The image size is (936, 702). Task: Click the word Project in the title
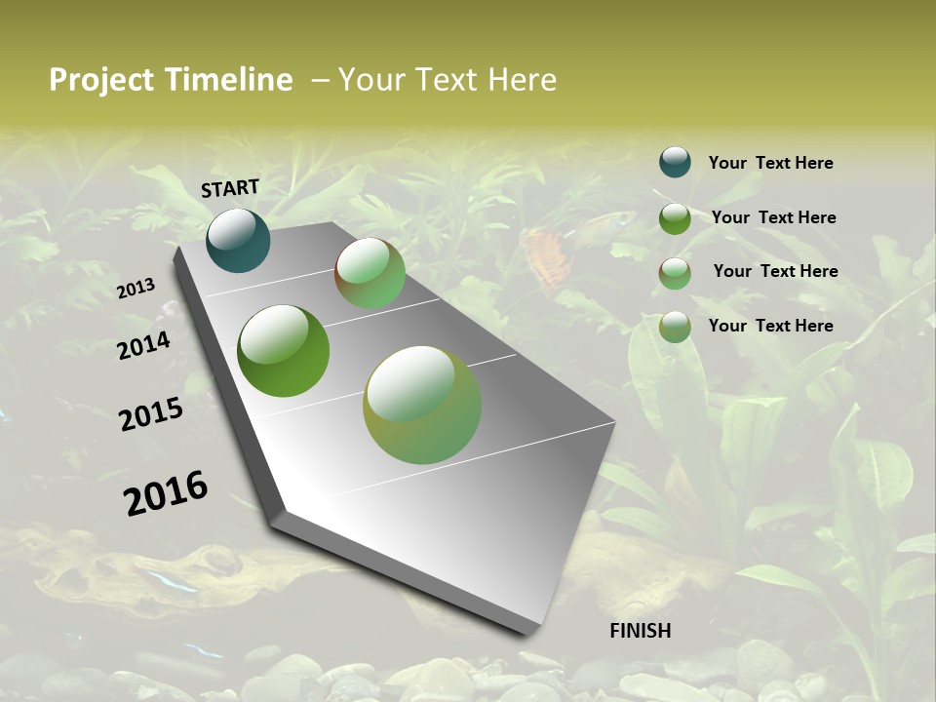tap(100, 80)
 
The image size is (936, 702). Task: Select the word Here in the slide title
tap(523, 80)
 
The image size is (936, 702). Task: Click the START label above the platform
tap(230, 187)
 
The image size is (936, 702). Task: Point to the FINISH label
tap(641, 631)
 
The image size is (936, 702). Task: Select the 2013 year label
tap(136, 289)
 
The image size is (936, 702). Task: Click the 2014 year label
tap(144, 345)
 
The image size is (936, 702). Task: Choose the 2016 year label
tap(166, 492)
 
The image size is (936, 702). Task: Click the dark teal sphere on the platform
tap(238, 241)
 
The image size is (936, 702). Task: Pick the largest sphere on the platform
tap(422, 405)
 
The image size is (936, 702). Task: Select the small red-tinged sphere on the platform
tap(370, 273)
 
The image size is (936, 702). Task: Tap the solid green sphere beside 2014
tap(283, 351)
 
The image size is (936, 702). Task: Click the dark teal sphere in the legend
tap(675, 163)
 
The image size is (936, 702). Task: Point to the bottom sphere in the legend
tap(675, 327)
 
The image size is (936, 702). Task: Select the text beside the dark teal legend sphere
tap(770, 164)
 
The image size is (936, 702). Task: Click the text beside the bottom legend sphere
tap(770, 326)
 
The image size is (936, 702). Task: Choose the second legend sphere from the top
tap(675, 218)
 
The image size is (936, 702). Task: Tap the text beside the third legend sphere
tap(775, 271)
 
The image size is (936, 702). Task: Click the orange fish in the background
tap(546, 255)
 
